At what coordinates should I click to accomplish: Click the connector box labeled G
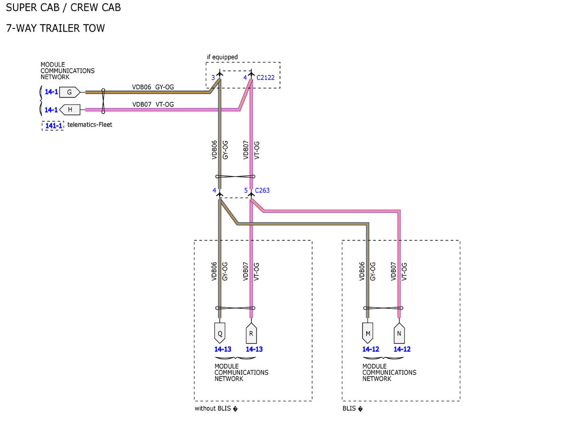pos(69,92)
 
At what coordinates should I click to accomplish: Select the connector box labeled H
pos(70,109)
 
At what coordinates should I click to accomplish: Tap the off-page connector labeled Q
pos(220,333)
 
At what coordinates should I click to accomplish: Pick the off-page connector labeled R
pos(251,333)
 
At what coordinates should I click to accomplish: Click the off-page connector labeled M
pos(367,333)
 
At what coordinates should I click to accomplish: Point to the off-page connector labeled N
pos(399,333)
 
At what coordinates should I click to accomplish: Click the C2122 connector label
pos(265,77)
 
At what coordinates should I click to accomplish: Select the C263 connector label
pos(262,190)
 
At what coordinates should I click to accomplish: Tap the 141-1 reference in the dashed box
pos(54,126)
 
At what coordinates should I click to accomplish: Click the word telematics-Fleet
pos(90,125)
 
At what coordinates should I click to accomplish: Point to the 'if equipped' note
pos(222,57)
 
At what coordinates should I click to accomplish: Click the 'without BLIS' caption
pos(212,408)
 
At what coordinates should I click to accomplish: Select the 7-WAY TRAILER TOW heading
pos(55,28)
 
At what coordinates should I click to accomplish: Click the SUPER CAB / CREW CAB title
pos(64,7)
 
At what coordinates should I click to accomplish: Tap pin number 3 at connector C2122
pos(213,77)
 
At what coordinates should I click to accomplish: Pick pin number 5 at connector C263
pos(246,190)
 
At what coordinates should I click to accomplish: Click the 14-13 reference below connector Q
pos(222,349)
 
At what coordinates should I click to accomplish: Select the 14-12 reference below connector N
pos(402,349)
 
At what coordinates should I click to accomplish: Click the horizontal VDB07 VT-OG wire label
pos(153,104)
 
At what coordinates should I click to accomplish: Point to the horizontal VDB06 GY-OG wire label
pos(153,87)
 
